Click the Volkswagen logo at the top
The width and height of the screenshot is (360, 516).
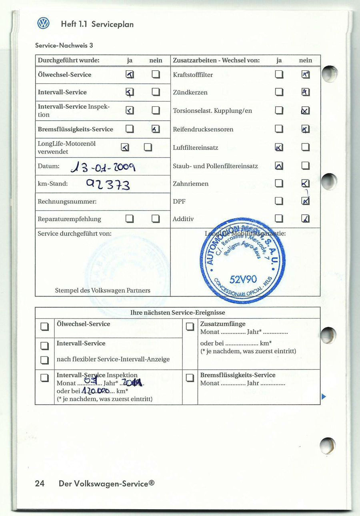pos(43,24)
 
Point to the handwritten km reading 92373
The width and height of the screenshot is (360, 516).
pos(108,184)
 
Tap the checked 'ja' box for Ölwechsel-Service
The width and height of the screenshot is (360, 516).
pos(130,75)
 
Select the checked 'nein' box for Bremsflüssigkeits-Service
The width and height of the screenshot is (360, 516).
pos(156,129)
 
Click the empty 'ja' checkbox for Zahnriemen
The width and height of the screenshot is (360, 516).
pos(279,183)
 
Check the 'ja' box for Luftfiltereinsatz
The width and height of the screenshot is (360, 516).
pos(279,147)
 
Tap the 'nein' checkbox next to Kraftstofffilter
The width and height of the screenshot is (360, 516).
pos(306,75)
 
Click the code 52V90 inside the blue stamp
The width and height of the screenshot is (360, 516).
pos(243,279)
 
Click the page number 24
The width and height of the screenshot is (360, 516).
pos(40,484)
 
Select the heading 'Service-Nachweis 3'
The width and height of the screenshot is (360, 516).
pos(64,46)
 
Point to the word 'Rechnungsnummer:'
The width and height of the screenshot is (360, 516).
pos(67,201)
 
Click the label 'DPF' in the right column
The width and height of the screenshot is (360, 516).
pos(179,201)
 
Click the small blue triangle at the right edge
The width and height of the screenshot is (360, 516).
pos(324,396)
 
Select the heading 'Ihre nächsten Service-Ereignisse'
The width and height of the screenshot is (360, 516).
pos(178,313)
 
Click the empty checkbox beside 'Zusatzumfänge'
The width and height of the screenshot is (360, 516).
pos(190,327)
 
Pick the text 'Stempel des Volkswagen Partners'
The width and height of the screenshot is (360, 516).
pos(102,291)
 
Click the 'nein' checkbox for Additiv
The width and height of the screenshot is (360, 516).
pos(306,219)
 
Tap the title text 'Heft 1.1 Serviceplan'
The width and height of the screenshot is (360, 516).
pos(97,24)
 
